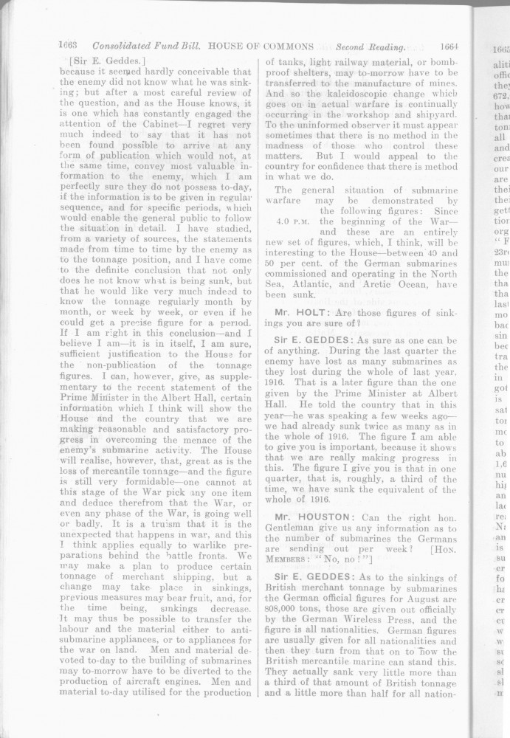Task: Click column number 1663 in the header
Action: [68, 46]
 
